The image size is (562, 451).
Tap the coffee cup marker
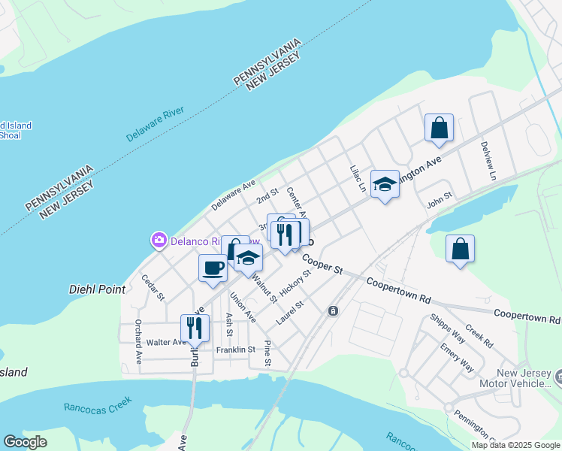pyautogui.click(x=213, y=268)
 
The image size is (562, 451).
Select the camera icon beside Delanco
pyautogui.click(x=159, y=241)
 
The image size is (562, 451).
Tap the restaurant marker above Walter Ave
pyautogui.click(x=195, y=328)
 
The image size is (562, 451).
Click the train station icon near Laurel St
pyautogui.click(x=333, y=310)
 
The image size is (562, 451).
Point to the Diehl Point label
pyautogui.click(x=97, y=289)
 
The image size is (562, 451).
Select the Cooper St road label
pyautogui.click(x=323, y=265)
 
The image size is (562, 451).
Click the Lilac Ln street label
pyautogui.click(x=357, y=177)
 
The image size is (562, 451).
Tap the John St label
pyautogui.click(x=439, y=199)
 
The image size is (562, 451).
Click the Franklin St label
pyautogui.click(x=236, y=350)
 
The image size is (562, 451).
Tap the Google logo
pyautogui.click(x=25, y=442)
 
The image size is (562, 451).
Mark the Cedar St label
pyautogui.click(x=153, y=287)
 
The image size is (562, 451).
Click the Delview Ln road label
pyautogui.click(x=488, y=160)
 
